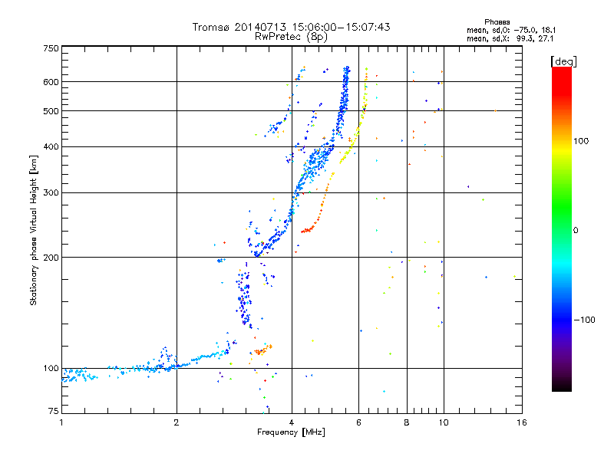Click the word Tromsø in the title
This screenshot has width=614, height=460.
(212, 27)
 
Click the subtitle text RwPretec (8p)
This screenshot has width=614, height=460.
(291, 37)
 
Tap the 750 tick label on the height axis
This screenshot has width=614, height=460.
(51, 48)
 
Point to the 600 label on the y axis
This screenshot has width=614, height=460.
(51, 82)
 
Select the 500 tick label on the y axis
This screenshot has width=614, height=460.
(51, 111)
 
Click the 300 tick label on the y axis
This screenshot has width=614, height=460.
(51, 192)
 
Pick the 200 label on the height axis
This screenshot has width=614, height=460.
(51, 258)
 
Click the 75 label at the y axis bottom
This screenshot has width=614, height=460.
(54, 411)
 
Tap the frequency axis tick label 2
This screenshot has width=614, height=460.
(177, 422)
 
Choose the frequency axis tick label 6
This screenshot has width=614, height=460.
(358, 422)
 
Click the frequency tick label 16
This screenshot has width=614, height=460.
(522, 422)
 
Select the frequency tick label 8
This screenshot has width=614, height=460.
(407, 422)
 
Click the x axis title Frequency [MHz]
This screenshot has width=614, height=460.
(291, 432)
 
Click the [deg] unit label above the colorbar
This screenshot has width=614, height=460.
(563, 61)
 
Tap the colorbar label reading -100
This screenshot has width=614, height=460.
(584, 320)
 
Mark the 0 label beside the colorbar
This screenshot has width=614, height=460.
(576, 230)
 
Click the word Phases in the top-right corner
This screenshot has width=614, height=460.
(497, 22)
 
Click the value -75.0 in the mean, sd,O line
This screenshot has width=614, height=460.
(523, 30)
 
